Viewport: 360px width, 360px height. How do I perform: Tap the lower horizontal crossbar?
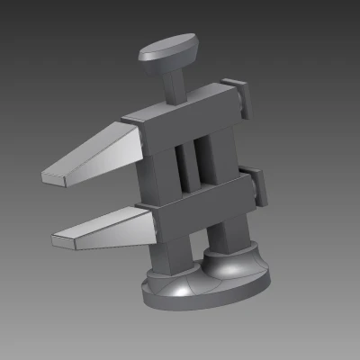tap(202, 200)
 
